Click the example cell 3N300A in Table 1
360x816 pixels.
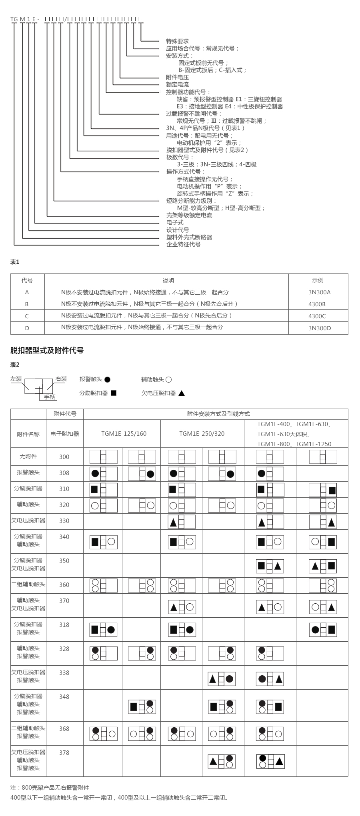tap(319, 292)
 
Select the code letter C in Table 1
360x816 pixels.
tap(27, 316)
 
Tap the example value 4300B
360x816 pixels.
tap(317, 304)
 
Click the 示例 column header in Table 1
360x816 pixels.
tap(318, 280)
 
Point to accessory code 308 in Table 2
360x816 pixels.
tap(64, 473)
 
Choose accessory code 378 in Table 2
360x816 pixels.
tap(64, 752)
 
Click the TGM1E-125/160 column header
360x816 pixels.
tap(124, 434)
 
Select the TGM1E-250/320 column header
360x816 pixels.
tap(202, 434)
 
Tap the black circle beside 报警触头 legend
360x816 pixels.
tap(107, 379)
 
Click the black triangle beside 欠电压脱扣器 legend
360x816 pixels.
tap(182, 393)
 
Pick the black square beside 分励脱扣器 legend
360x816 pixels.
tap(114, 393)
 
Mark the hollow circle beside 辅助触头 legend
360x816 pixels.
tap(168, 379)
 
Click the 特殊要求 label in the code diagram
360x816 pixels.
tap(177, 41)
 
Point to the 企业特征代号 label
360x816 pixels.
tap(183, 244)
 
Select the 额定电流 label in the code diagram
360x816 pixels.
tap(177, 85)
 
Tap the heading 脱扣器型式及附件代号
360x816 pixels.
tap(47, 351)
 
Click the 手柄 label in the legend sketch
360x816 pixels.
tap(50, 397)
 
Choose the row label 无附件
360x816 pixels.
tap(28, 456)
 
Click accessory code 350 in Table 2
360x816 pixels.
tap(64, 561)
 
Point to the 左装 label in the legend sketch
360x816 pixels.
tap(16, 379)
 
